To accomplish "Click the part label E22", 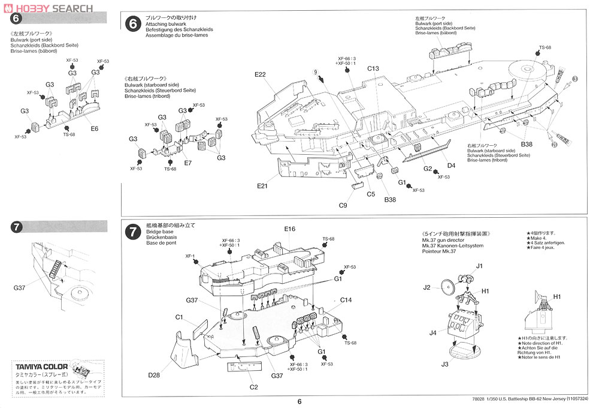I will tap(259, 74).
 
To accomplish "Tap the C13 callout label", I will tap(373, 68).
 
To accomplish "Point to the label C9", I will tap(343, 205).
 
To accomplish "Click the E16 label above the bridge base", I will tap(290, 229).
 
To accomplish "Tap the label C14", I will tap(346, 300).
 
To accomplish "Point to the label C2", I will tap(254, 387).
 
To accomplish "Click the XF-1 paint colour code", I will tap(190, 256).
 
